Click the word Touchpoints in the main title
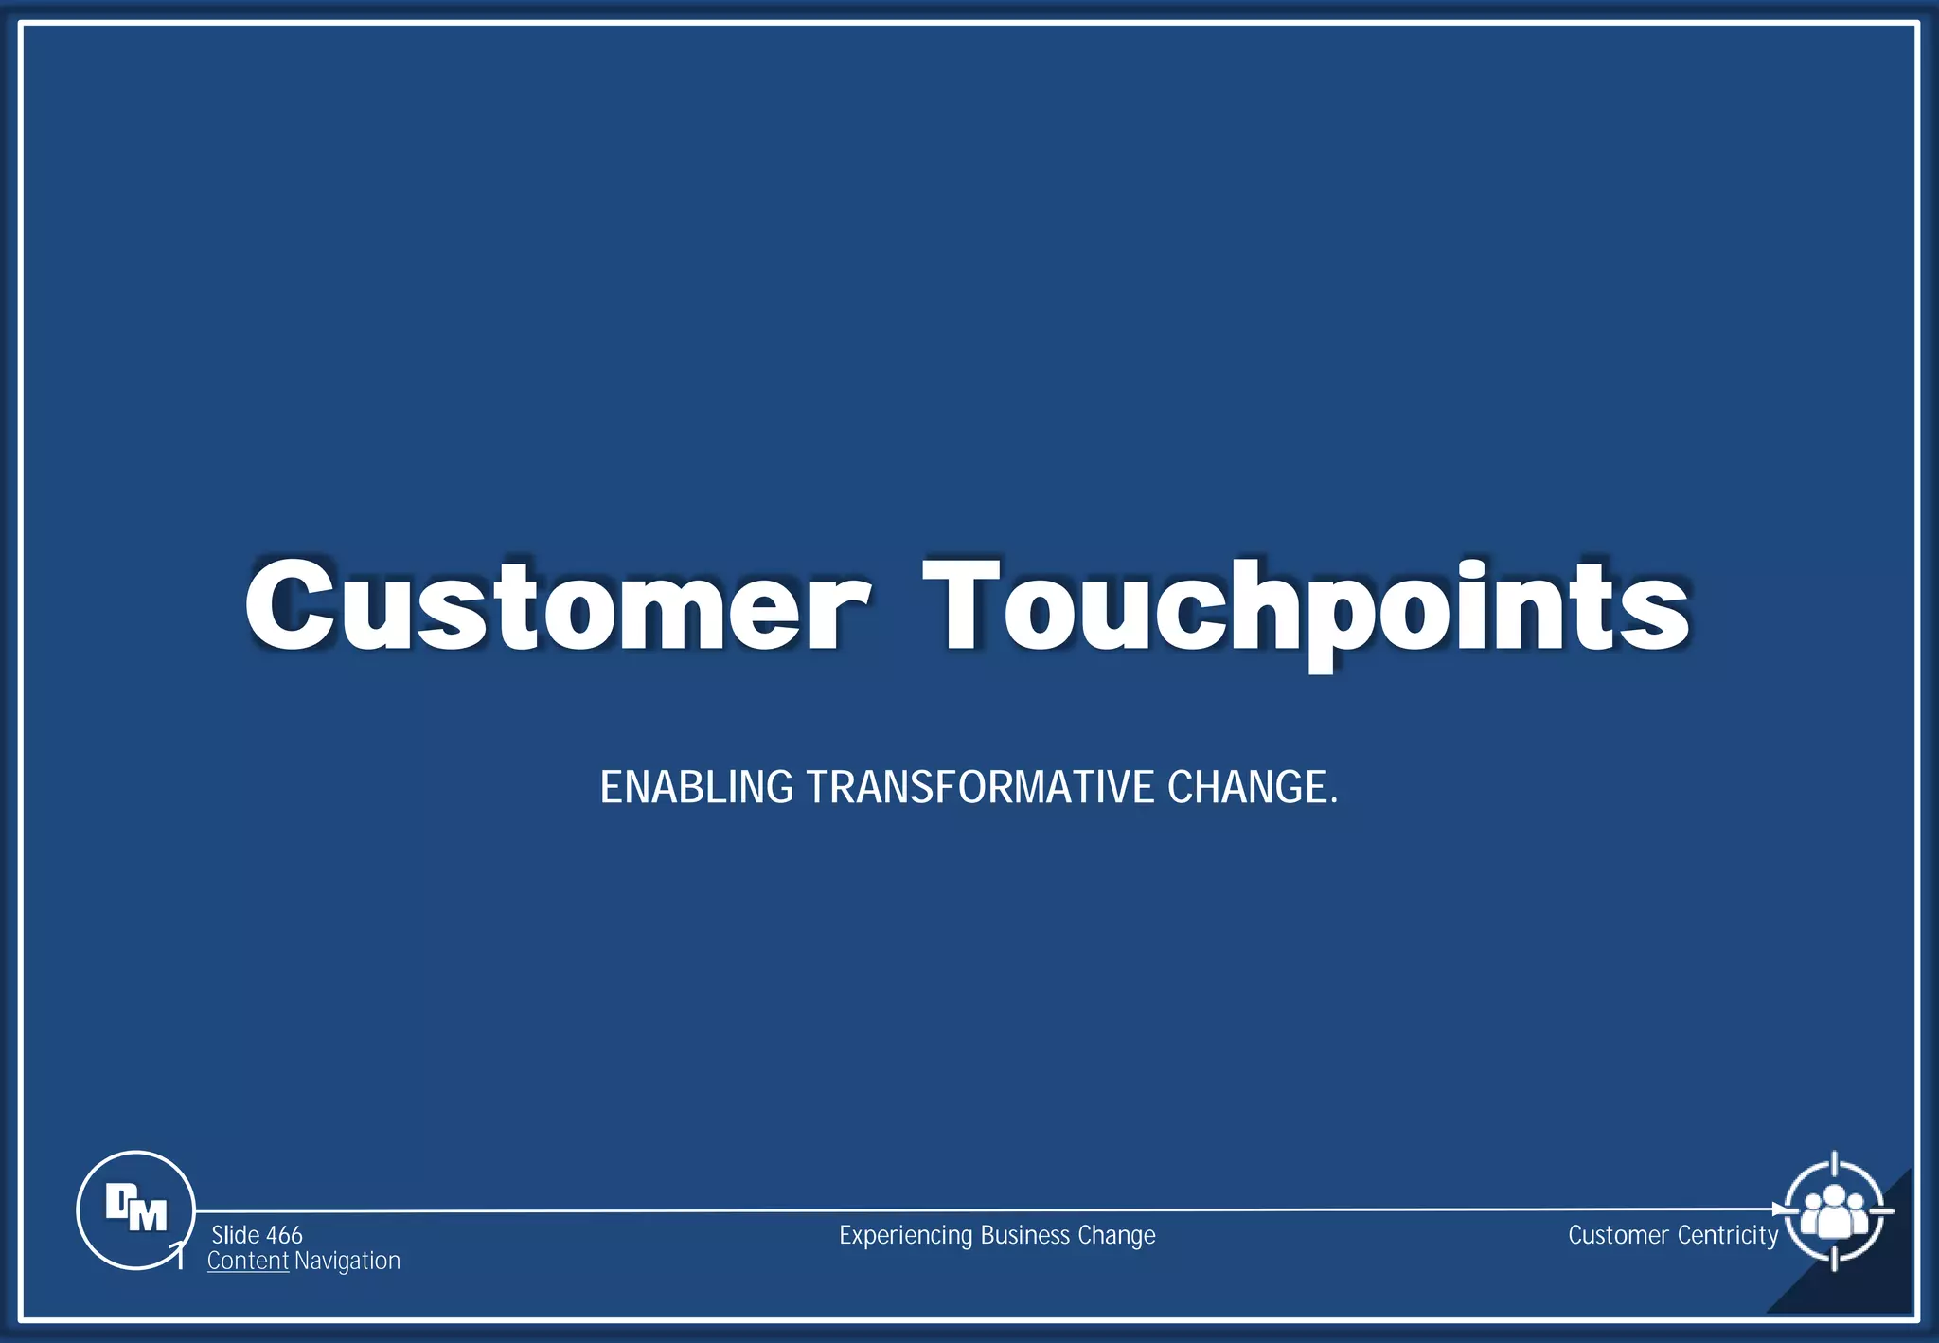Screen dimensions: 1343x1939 1307,606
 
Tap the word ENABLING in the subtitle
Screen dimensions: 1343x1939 696,787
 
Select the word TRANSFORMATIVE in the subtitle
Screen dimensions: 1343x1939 980,787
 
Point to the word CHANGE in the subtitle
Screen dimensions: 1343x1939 1247,787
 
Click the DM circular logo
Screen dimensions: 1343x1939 135,1209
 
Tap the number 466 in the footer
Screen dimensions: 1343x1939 284,1235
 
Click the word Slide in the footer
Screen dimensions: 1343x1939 235,1235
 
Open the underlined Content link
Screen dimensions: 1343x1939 247,1261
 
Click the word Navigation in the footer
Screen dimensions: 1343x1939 347,1261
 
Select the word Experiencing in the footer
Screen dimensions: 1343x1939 905,1235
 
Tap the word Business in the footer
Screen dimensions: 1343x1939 1024,1235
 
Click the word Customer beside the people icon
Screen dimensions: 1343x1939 1617,1235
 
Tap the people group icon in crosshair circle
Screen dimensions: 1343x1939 1834,1211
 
